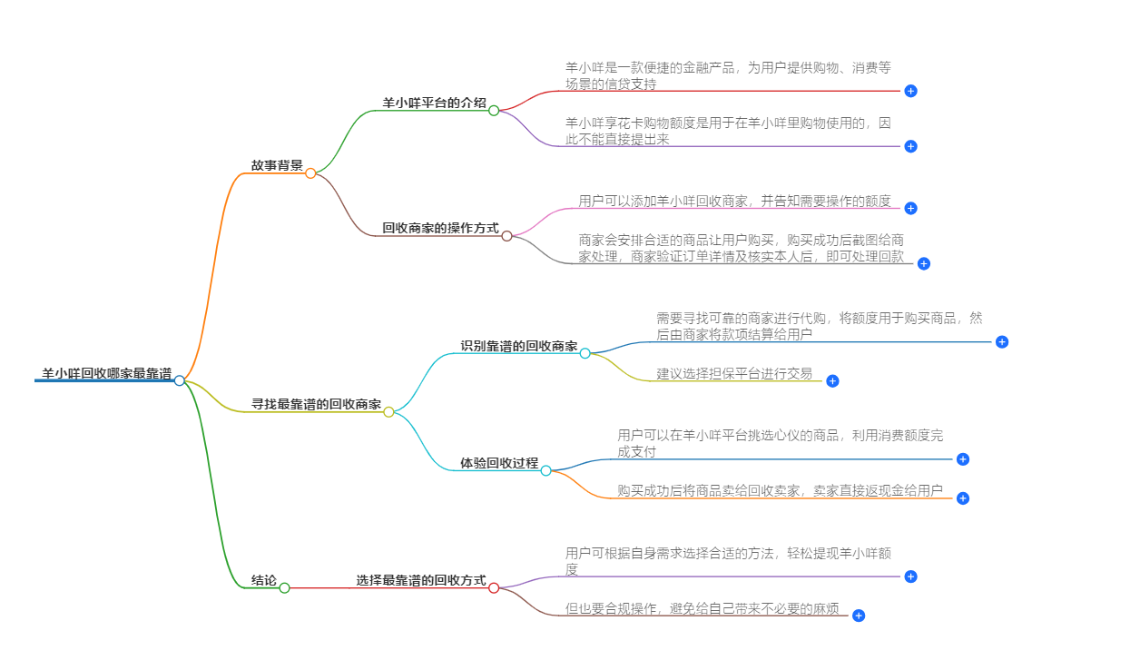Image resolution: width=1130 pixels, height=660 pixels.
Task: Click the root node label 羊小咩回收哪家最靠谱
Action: (106, 373)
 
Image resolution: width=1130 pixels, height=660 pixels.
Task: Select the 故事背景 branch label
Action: (277, 165)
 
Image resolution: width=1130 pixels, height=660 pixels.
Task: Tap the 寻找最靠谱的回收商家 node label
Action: (316, 404)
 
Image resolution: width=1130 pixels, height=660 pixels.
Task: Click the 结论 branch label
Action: (264, 580)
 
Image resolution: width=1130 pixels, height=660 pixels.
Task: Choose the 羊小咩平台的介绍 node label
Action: (434, 103)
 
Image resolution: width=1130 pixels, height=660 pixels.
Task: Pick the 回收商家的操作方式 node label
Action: (440, 228)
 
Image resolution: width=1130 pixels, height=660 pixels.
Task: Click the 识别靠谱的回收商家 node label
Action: (518, 346)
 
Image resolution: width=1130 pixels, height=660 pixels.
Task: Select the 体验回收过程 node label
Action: (498, 463)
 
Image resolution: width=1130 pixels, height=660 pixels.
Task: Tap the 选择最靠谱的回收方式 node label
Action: (421, 580)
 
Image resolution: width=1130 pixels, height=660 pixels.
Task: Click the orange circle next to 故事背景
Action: (310, 173)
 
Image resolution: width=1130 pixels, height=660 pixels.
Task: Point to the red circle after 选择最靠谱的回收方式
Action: (494, 588)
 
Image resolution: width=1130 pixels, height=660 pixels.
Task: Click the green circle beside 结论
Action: (284, 588)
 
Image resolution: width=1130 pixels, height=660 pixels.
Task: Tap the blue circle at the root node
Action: (180, 380)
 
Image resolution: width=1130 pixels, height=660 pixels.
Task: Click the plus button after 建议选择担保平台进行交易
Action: (832, 381)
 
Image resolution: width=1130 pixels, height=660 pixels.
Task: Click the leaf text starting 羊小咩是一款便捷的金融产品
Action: (728, 75)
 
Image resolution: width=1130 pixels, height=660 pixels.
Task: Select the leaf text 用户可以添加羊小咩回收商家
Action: (734, 201)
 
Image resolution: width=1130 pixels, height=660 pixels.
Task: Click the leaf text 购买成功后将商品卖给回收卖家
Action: (780, 490)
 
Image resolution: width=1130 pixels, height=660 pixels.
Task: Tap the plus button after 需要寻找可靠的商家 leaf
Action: (1002, 342)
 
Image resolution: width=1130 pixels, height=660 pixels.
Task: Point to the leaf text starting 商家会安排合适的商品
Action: (742, 248)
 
